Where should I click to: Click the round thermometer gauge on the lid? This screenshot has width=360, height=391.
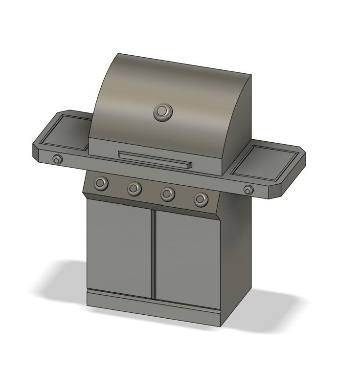pos(163,112)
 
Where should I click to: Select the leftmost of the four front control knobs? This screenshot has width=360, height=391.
pos(101,183)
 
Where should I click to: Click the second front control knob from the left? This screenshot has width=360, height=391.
pos(135,188)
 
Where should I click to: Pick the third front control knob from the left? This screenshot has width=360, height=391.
pos(168,194)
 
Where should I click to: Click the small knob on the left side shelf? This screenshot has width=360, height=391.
pos(58,159)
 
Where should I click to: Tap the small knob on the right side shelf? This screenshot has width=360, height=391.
pos(249,190)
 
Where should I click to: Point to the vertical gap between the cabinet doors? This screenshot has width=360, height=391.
pos(153,254)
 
